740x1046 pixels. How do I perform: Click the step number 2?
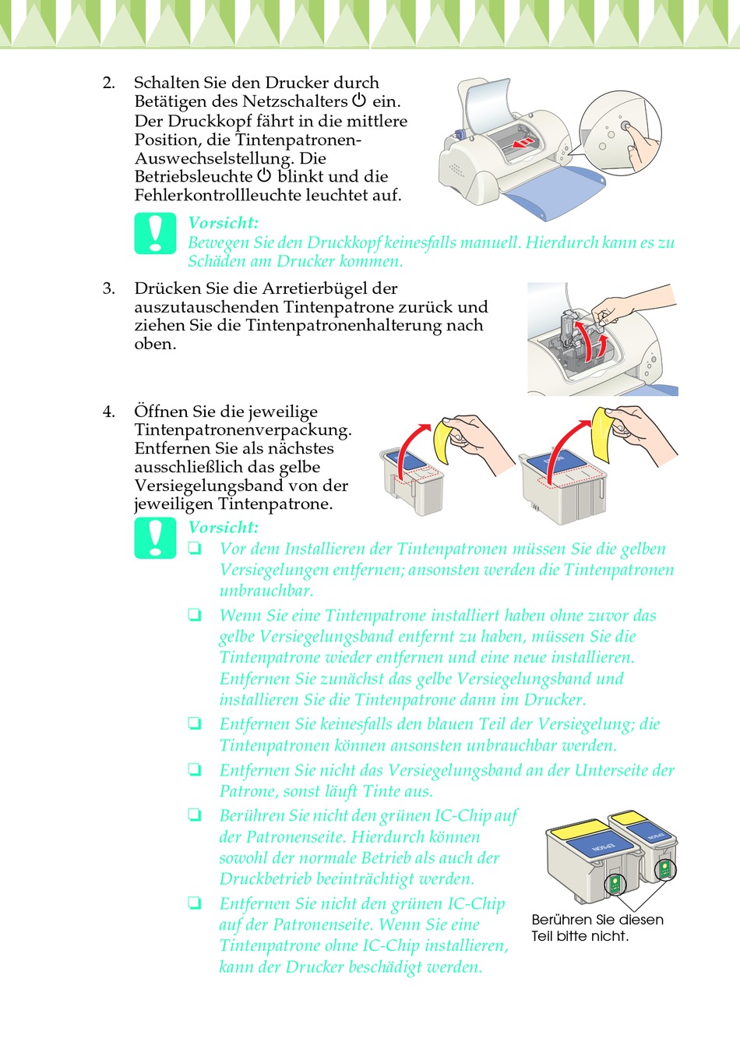[x=108, y=83]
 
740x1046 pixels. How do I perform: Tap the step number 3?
[x=108, y=288]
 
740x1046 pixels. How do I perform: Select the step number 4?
[x=108, y=412]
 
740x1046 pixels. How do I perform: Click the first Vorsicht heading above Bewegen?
[x=223, y=223]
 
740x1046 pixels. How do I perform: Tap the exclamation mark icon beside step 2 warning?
[x=156, y=233]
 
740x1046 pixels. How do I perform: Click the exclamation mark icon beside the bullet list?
[x=156, y=538]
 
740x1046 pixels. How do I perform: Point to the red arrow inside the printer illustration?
[x=523, y=143]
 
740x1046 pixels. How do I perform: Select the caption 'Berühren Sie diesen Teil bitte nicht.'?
[x=597, y=928]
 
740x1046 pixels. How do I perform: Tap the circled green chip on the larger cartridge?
[x=615, y=883]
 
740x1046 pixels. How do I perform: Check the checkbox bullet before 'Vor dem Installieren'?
[x=194, y=549]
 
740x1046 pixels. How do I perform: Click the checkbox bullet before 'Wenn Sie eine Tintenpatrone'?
[x=194, y=616]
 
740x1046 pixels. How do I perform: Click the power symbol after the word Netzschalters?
[x=358, y=101]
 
